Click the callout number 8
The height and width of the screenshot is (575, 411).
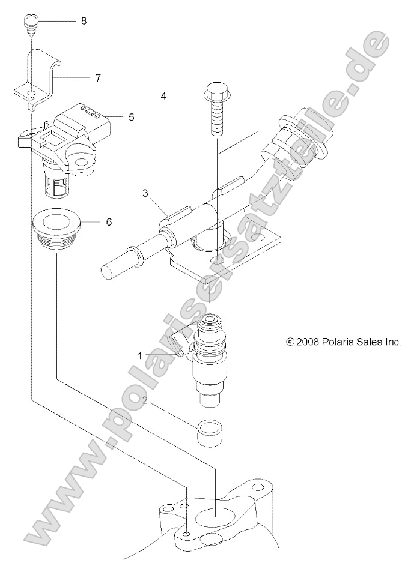(84, 21)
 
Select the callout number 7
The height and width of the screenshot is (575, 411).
(98, 77)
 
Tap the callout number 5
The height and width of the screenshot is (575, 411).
(131, 117)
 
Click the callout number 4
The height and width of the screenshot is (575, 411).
(163, 95)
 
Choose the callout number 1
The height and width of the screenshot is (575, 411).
(140, 355)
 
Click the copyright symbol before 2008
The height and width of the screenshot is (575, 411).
(290, 342)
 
